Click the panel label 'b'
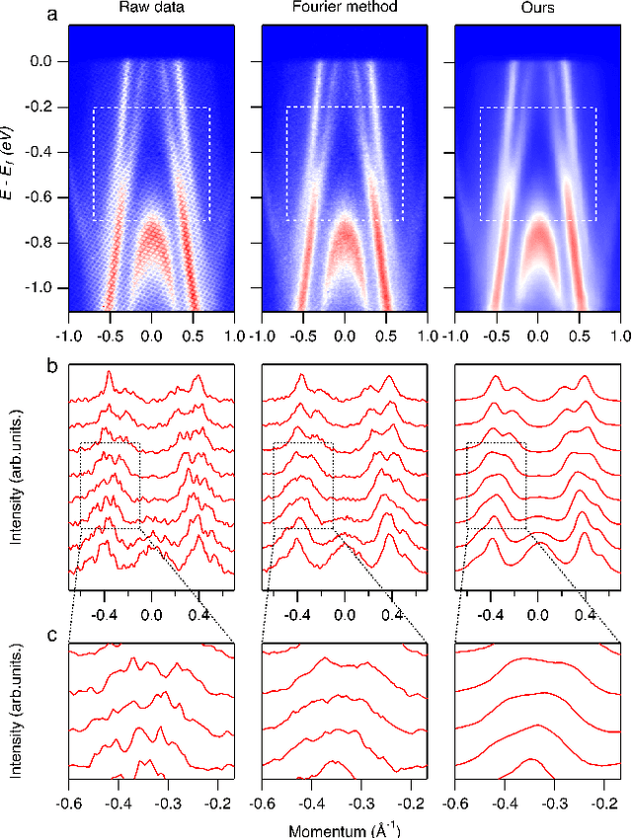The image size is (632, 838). [55, 364]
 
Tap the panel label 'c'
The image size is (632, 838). [55, 636]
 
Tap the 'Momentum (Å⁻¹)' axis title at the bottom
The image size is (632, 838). [344, 827]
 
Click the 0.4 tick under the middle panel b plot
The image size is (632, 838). [391, 613]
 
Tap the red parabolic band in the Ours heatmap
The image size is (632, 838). [537, 242]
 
